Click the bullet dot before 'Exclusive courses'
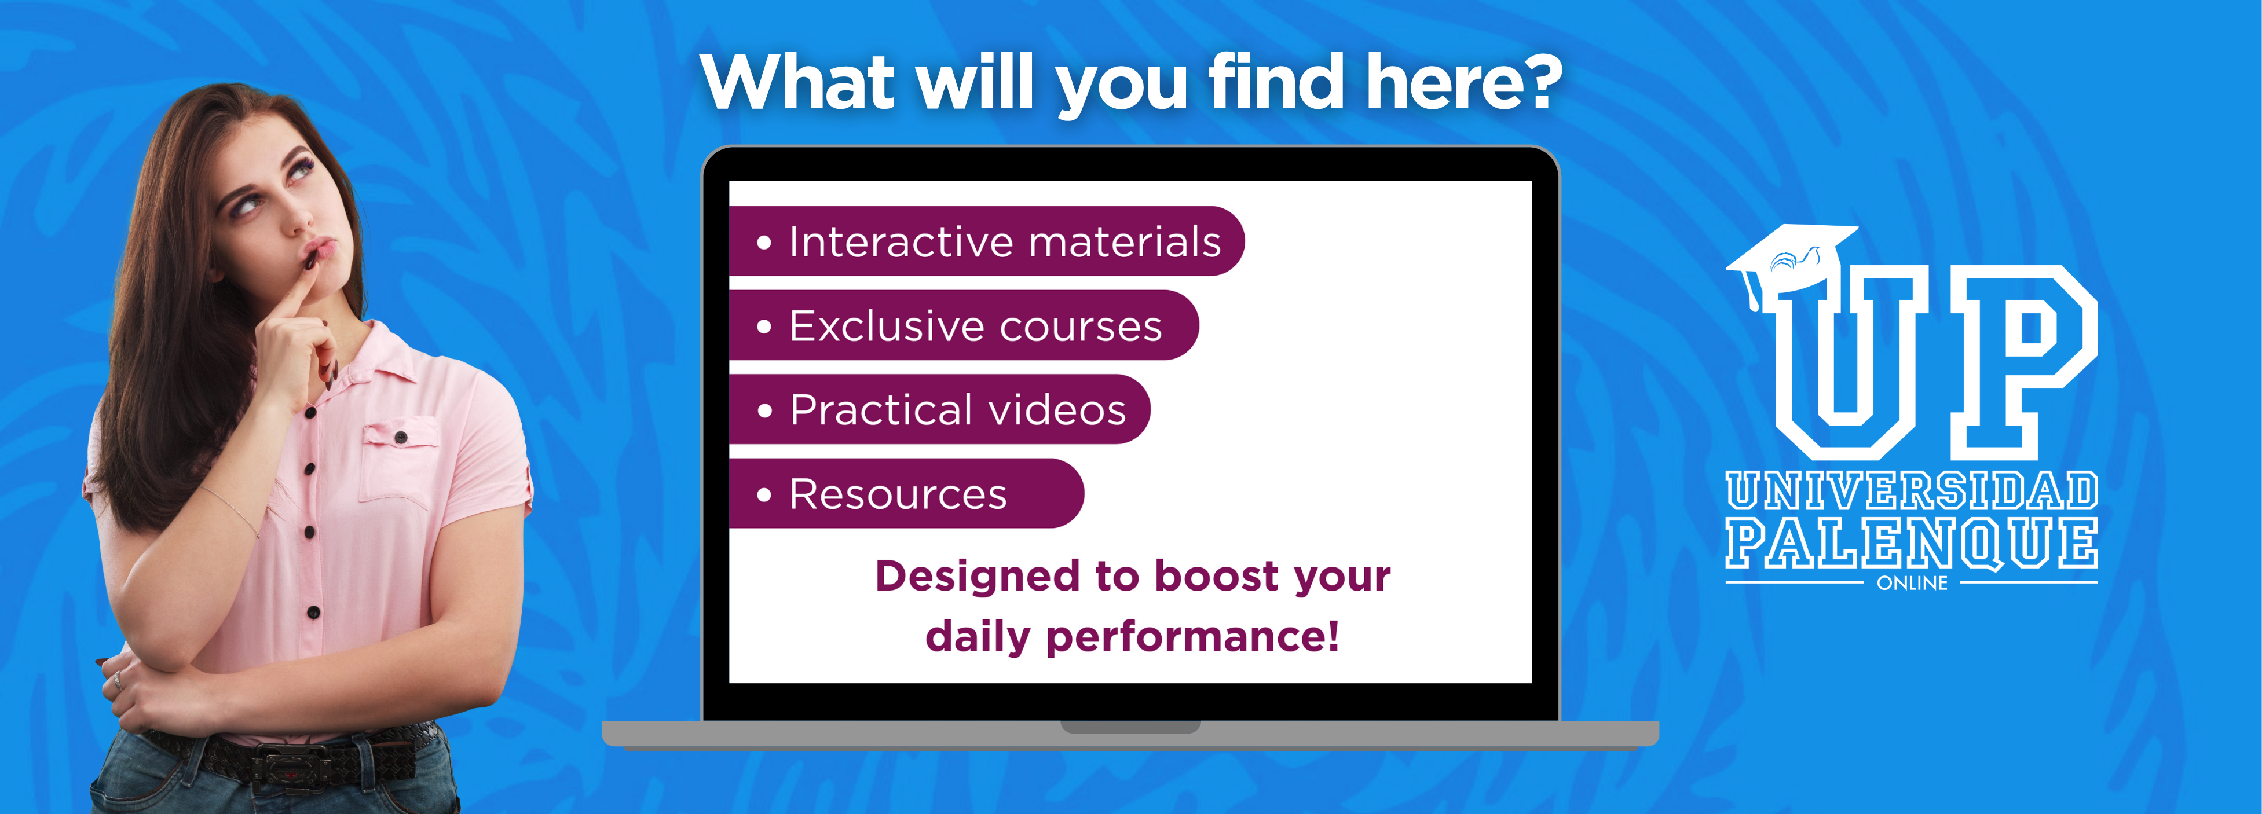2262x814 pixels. pos(764,327)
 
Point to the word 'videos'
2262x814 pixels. pos(1057,410)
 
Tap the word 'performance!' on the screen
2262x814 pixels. pos(1192,637)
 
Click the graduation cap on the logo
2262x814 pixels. pos(1791,259)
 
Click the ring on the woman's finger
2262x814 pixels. pos(118,680)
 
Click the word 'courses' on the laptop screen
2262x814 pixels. pos(1080,327)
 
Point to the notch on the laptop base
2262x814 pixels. pos(1130,727)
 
